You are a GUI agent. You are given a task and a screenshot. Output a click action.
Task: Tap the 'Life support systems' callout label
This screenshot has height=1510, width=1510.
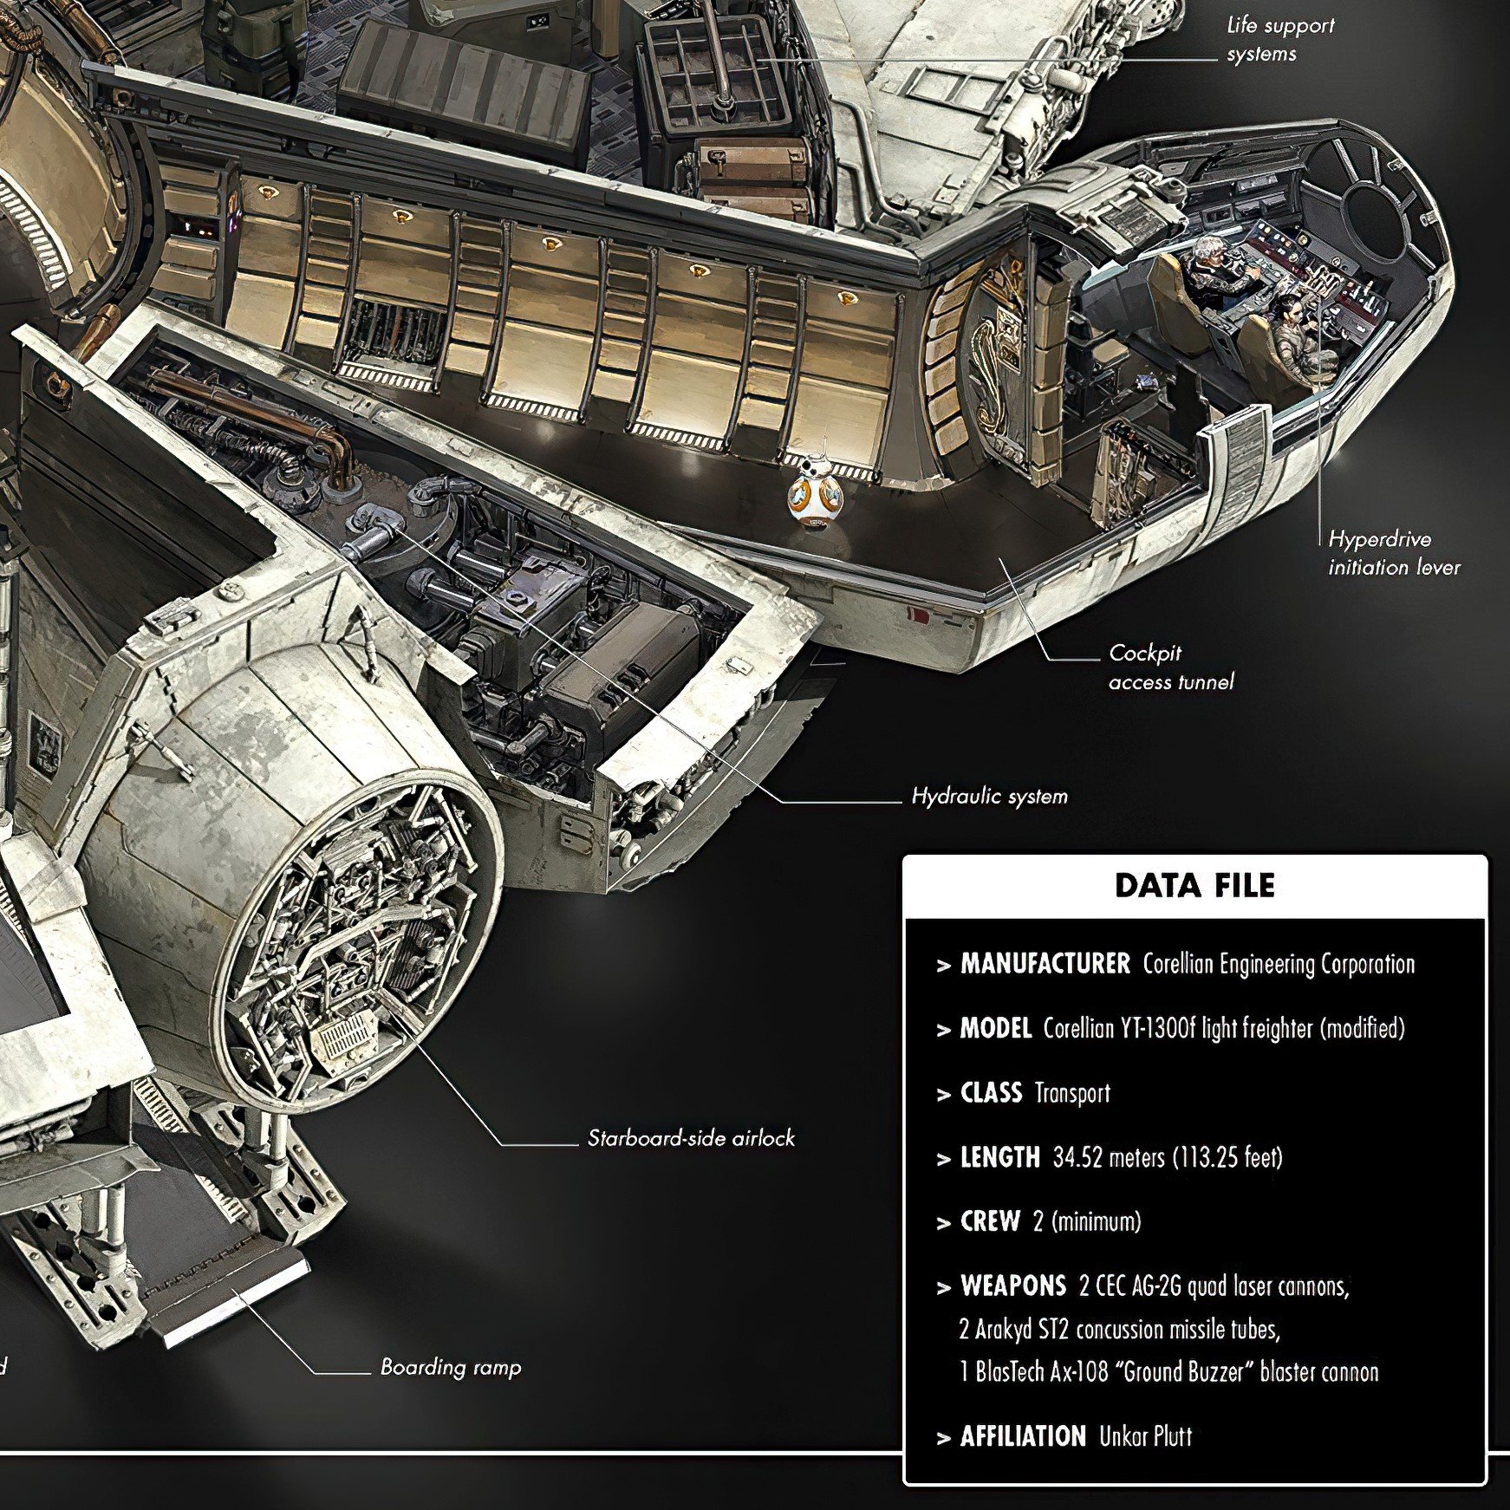(1280, 39)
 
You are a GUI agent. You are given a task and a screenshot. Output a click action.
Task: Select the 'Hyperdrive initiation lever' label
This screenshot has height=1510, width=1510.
(1394, 553)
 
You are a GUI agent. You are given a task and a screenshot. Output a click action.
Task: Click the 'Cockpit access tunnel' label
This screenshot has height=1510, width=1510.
(1171, 667)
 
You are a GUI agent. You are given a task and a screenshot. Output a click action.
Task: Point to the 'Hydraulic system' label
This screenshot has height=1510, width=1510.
(989, 796)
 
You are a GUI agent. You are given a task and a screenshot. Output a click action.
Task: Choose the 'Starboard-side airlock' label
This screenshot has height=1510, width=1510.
(691, 1137)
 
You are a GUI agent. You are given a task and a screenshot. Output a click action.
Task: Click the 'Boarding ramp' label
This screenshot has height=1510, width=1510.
(451, 1368)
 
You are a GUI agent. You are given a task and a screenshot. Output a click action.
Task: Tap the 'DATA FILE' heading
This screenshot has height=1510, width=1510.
(1194, 885)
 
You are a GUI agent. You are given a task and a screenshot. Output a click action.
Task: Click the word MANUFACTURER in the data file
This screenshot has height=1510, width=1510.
(1045, 963)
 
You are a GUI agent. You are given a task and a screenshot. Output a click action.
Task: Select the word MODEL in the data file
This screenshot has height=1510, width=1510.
(995, 1028)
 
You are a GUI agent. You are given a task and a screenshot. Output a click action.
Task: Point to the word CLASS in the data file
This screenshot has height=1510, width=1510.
(991, 1092)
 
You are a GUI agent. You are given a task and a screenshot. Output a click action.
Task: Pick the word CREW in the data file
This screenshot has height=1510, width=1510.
(990, 1221)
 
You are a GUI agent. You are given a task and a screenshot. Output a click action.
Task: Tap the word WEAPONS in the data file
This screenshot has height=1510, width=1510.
(1012, 1285)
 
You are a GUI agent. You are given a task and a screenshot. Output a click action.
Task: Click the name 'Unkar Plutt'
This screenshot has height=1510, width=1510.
(1145, 1436)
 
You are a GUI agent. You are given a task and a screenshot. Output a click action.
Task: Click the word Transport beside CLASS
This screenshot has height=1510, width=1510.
(1072, 1092)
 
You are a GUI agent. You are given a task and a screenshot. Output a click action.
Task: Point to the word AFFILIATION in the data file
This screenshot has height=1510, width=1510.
(1023, 1436)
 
